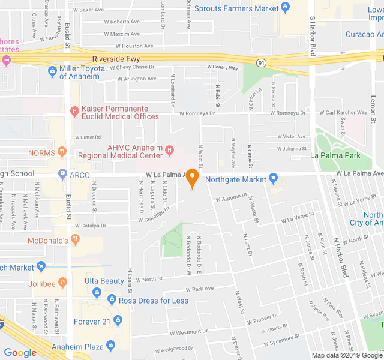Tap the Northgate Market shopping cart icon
(274, 179)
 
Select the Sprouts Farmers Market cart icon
(286, 8)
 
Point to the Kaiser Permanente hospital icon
(74, 110)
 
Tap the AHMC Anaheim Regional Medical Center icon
(170, 149)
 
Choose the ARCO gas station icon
(62, 175)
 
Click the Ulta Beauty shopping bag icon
(96, 292)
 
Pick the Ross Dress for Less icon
(111, 300)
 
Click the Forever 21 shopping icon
(118, 322)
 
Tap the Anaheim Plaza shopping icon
(110, 346)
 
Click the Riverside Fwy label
(115, 59)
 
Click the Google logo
(20, 353)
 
